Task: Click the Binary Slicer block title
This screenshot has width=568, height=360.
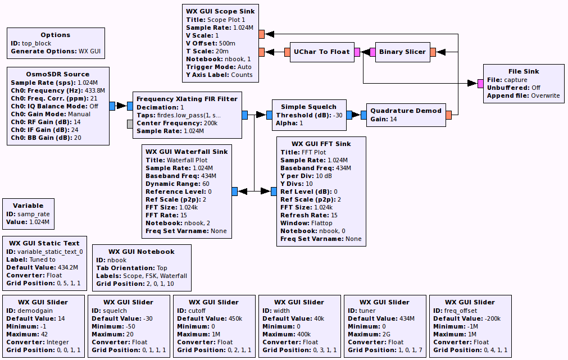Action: point(403,52)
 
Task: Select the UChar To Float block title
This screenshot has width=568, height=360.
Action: point(321,52)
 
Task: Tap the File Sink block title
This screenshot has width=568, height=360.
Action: point(524,71)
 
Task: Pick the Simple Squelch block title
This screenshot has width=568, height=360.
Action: point(308,107)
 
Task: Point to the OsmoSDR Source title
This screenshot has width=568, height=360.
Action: point(58,74)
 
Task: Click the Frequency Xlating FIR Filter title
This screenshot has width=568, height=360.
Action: point(187,99)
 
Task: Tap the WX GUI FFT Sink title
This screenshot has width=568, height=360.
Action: point(321,144)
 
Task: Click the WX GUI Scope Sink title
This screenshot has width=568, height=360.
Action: point(220,11)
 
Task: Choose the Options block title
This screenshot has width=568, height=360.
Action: point(56,35)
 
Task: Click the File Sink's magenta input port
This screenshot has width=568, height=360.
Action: point(480,84)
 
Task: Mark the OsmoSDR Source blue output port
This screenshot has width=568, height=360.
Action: point(112,106)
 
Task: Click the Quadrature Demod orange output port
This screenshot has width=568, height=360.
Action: point(448,115)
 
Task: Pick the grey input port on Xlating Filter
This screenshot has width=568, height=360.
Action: point(130,124)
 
